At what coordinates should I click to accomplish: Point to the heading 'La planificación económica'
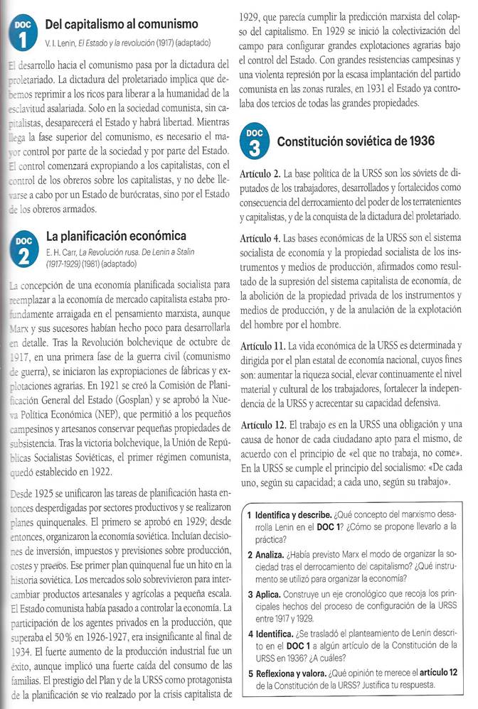click(x=116, y=235)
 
